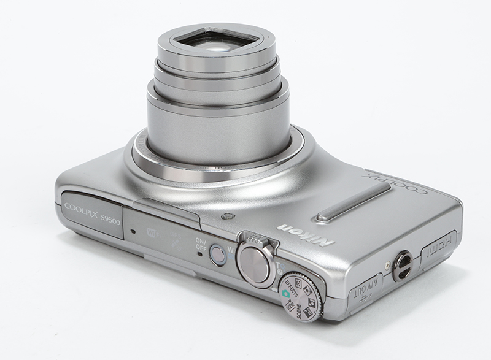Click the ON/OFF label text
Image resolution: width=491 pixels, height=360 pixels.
200,243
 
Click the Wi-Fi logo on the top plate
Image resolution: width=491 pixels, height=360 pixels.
153,232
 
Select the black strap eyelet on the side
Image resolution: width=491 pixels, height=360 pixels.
403,266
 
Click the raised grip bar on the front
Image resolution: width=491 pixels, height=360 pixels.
353,202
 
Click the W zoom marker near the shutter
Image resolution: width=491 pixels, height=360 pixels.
231,249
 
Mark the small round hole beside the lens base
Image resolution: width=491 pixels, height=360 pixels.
228,216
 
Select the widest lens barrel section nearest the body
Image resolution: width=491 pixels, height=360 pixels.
218,132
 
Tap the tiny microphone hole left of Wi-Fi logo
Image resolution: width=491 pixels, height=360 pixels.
133,232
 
